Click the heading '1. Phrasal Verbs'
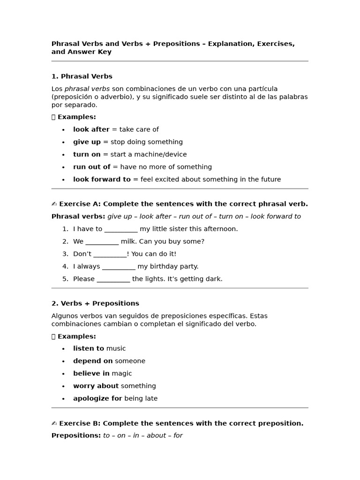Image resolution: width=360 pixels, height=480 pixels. point(82,76)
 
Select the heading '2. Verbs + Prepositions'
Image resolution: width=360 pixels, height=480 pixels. point(95,303)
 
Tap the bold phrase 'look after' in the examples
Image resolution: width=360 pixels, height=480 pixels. point(91,129)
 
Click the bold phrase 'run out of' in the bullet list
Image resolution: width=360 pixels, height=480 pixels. point(91,167)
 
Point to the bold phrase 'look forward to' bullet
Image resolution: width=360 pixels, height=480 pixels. point(102,179)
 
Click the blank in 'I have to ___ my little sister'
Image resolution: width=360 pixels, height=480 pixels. point(121,229)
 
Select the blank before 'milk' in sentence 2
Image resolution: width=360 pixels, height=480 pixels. point(102,242)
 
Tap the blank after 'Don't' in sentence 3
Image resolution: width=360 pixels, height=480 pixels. point(110,254)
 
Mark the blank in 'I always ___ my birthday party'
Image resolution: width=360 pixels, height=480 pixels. point(119,267)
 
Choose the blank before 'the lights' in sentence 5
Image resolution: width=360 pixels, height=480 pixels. point(113,279)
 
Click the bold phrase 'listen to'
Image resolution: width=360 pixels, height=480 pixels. point(89,348)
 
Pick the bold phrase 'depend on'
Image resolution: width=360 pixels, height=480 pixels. point(93,361)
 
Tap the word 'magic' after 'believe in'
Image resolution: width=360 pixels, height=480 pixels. point(122,374)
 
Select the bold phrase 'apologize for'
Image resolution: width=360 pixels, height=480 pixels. point(97,398)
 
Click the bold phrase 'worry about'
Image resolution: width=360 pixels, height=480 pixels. point(96,386)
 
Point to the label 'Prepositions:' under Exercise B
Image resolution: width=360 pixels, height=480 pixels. point(76,435)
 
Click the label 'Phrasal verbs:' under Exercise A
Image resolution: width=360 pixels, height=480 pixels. point(78,217)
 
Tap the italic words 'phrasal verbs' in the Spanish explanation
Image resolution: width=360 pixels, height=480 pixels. point(87,89)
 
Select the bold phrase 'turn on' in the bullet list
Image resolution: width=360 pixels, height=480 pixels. point(87,154)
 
